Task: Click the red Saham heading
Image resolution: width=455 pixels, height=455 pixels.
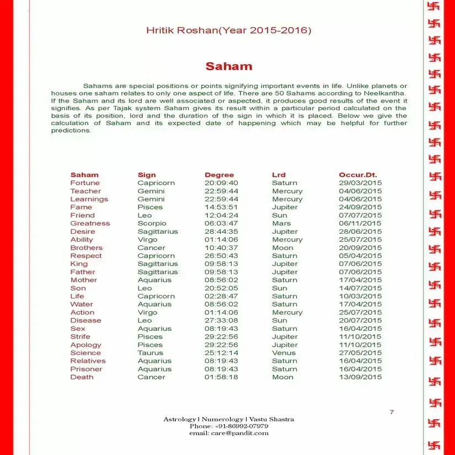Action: click(228, 67)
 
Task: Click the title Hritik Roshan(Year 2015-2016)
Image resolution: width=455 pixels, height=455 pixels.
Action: click(228, 30)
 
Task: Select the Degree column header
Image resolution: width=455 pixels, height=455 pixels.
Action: click(219, 175)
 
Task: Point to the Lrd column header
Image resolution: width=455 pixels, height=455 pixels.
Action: click(279, 175)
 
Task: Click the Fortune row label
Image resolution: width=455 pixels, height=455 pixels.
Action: click(85, 183)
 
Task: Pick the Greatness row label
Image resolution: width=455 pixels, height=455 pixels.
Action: click(90, 223)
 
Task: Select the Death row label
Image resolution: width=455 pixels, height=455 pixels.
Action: click(82, 377)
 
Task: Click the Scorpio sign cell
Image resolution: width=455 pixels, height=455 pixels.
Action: click(152, 223)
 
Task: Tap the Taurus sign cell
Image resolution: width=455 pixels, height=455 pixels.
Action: click(150, 353)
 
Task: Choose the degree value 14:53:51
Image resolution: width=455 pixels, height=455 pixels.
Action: click(221, 207)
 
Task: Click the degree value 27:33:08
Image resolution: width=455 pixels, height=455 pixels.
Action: click(221, 320)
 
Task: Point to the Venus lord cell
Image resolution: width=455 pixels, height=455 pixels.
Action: click(283, 353)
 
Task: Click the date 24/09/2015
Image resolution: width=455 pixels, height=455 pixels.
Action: click(360, 207)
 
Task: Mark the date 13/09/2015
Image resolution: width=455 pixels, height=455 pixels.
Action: click(360, 377)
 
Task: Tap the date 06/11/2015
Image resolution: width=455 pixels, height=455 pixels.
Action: click(360, 223)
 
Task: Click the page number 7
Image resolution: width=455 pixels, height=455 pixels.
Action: click(392, 412)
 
